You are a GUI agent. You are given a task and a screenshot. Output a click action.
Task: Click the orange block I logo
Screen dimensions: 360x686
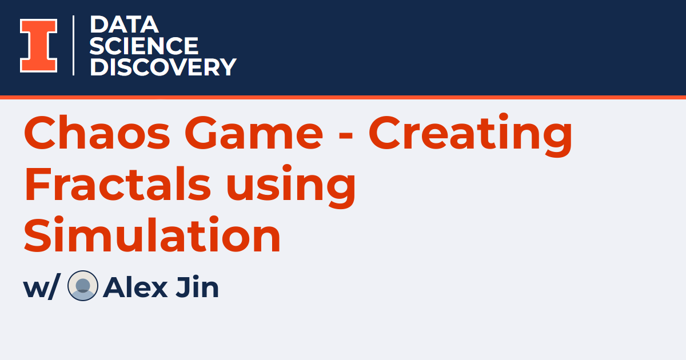[39, 46]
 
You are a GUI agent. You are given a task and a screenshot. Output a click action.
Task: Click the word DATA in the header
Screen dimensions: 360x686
[123, 25]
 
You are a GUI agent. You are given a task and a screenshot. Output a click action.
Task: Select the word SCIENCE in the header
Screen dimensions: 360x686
[144, 46]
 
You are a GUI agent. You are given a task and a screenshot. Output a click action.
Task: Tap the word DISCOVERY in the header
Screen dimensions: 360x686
[163, 67]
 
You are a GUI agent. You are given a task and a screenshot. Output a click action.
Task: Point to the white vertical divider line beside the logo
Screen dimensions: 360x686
[74, 46]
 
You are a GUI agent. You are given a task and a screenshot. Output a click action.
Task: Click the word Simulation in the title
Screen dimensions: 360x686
[152, 235]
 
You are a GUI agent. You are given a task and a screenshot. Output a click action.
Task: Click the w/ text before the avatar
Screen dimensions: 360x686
[40, 288]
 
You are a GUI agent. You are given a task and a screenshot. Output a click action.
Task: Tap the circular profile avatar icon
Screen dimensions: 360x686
[83, 286]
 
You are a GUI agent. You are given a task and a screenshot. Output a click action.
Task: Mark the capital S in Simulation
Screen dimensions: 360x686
[38, 235]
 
